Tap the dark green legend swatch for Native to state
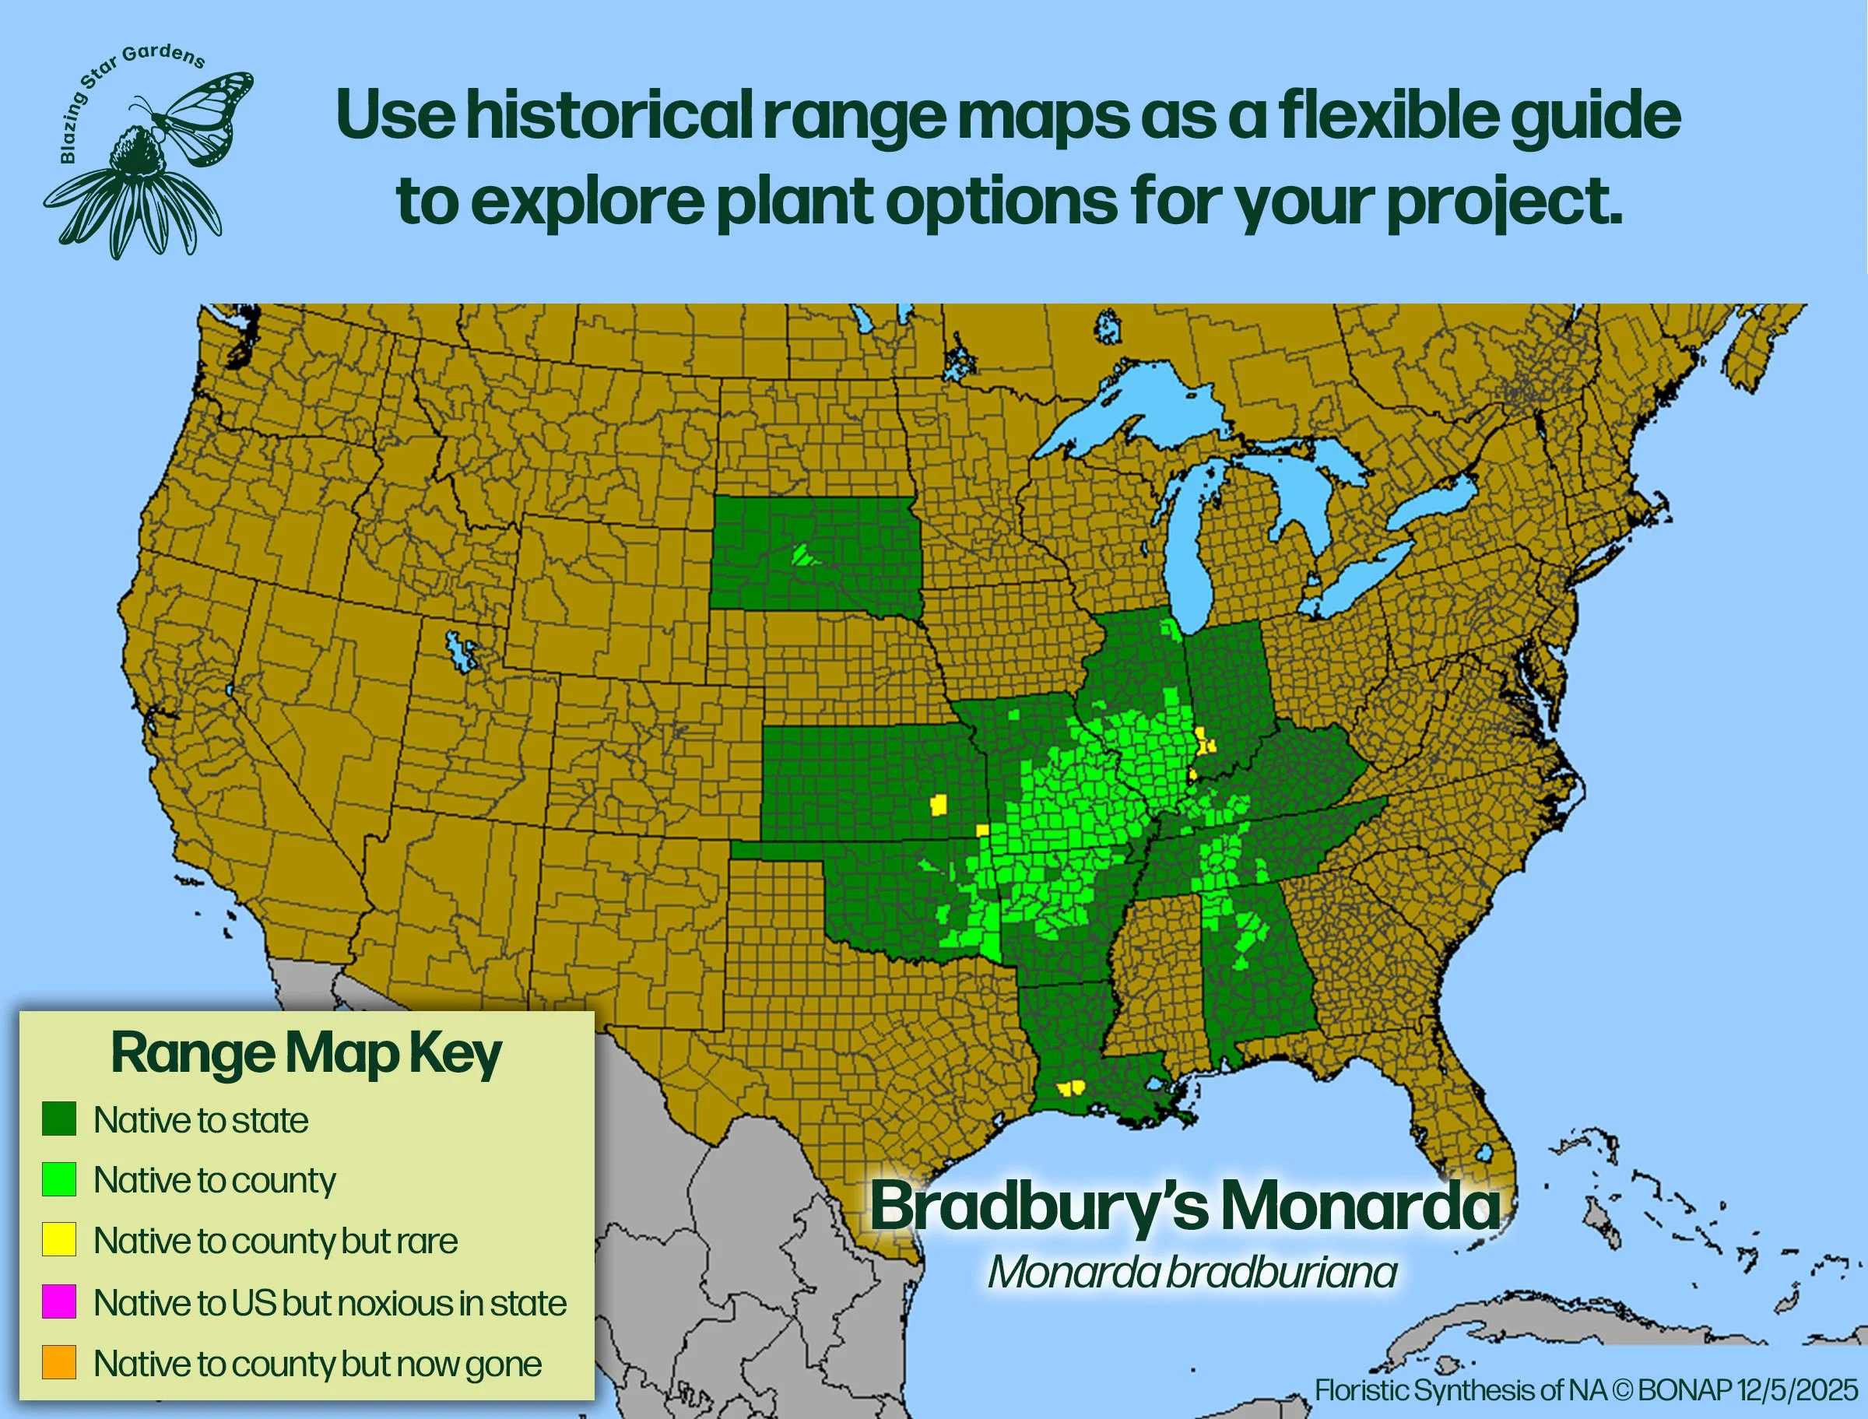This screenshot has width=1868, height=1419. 59,1119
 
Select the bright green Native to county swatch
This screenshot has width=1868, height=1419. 59,1179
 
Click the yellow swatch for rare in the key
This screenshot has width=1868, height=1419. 59,1240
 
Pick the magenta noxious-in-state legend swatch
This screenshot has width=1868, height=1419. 59,1301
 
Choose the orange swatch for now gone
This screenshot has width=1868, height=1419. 59,1362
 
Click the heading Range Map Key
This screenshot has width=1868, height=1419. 306,1054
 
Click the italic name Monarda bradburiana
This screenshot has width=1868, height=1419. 1192,1272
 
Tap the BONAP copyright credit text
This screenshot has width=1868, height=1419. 1586,1390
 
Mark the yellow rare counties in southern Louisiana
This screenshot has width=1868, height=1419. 1070,1088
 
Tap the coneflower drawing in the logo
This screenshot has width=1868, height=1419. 135,195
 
